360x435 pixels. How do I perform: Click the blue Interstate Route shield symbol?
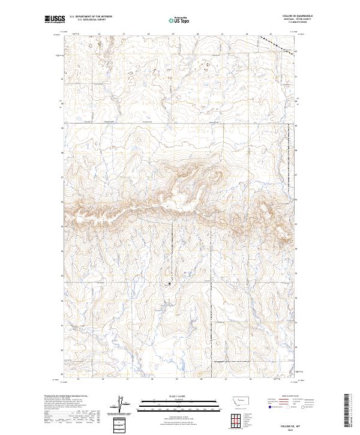pos(268,406)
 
